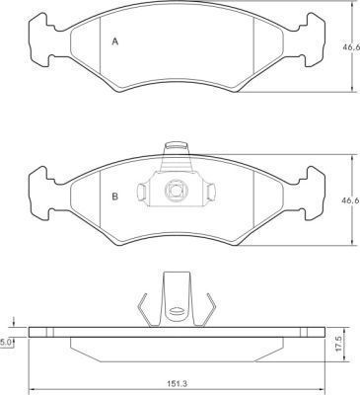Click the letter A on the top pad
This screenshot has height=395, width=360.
pos(115,41)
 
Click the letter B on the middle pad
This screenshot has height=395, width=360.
pos(115,197)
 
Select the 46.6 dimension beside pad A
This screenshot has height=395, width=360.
pos(351,47)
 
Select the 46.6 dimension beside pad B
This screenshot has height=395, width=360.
pos(351,199)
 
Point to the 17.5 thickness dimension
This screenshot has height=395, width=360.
pos(337,345)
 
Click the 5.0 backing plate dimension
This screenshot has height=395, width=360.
pos(5,343)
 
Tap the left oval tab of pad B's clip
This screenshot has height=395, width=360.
pos(141,192)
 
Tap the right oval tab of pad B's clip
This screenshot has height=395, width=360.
pos(211,192)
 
